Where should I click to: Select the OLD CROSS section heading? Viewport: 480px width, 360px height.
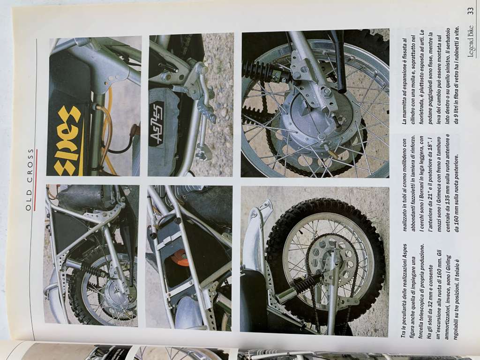click(29, 180)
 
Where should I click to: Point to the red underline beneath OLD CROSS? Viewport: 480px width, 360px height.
click(36, 180)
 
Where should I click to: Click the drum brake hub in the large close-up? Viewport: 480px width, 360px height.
click(318, 116)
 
